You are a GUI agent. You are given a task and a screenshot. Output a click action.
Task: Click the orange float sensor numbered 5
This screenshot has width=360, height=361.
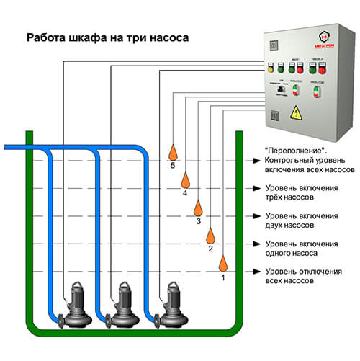pyautogui.click(x=172, y=151)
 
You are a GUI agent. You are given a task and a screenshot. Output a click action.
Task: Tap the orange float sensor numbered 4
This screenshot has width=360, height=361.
pyautogui.click(x=185, y=179)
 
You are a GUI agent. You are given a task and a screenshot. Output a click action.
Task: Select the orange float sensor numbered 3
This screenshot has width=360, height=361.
pyautogui.click(x=198, y=208)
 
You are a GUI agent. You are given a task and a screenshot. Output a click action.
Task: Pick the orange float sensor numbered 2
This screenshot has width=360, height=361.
pyautogui.click(x=211, y=235)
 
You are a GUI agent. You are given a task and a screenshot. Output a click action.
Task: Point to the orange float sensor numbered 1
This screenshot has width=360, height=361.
pyautogui.click(x=223, y=262)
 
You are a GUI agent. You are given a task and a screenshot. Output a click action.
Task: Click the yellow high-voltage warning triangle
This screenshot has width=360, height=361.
pyautogui.click(x=294, y=114)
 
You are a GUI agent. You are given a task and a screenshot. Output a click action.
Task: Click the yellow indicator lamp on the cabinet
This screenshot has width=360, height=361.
pyautogui.click(x=271, y=69)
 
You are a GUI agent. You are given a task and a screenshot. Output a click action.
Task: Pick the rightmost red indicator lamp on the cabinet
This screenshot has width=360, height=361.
pyautogui.click(x=321, y=69)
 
